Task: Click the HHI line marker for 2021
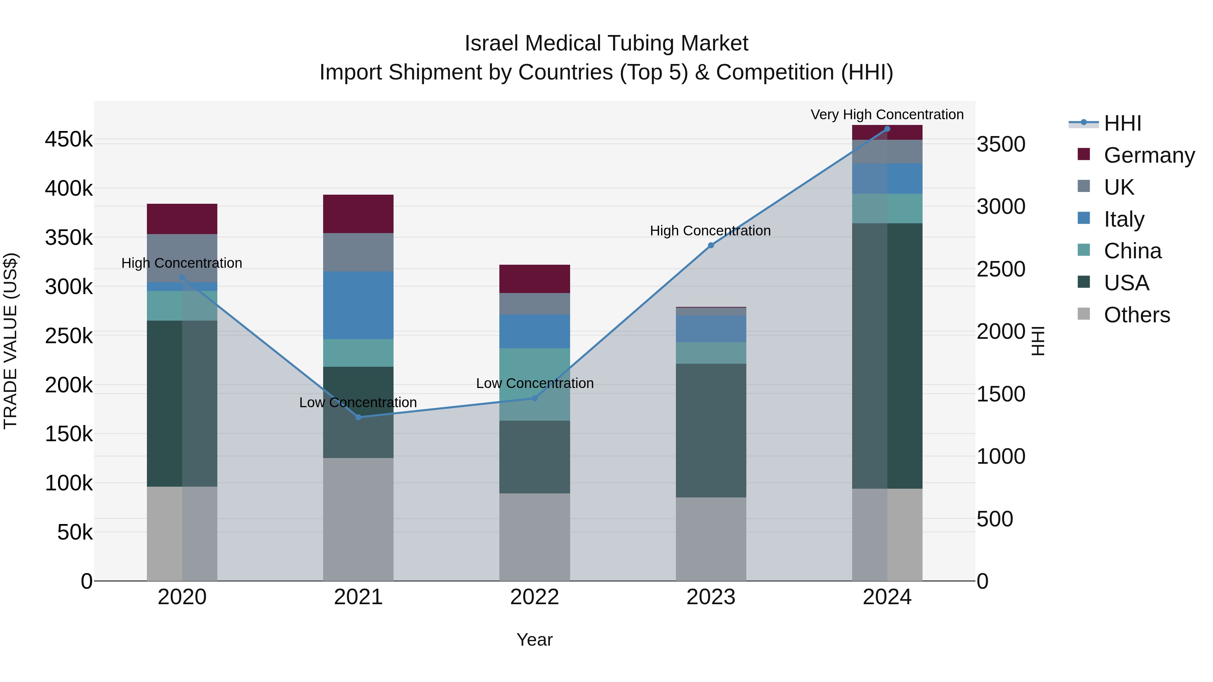coord(359,417)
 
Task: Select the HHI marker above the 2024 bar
coord(887,129)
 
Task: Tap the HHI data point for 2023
coord(711,245)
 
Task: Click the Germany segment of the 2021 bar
coord(359,214)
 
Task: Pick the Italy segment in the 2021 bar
coord(359,305)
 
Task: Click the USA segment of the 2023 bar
coord(711,430)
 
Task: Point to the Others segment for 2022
coord(534,537)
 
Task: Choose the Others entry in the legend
coord(1136,315)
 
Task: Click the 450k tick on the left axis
coord(69,140)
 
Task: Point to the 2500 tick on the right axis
coord(1001,269)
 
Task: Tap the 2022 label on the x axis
coord(534,597)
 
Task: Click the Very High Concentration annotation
coord(887,115)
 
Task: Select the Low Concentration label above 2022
coord(534,383)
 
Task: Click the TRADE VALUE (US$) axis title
coord(10,341)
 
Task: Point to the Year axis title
coord(534,640)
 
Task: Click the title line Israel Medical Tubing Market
coord(606,43)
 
